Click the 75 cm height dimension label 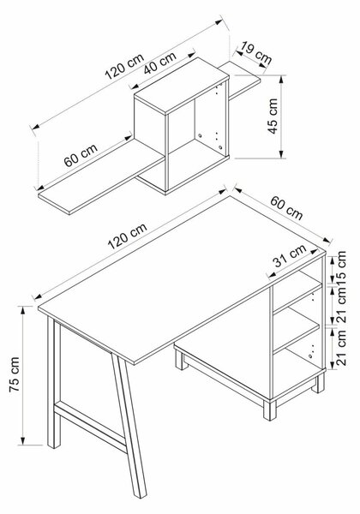(15, 374)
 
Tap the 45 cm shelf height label (273, 116)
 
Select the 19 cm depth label (255, 52)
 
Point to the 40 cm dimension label (160, 63)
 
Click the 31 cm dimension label (290, 255)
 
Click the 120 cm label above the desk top (127, 236)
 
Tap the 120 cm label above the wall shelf (124, 67)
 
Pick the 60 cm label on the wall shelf (81, 155)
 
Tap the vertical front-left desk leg (54, 382)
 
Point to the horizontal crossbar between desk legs (90, 425)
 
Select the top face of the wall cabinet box (182, 86)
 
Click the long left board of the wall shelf (100, 176)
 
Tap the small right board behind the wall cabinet (244, 80)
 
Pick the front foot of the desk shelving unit (270, 409)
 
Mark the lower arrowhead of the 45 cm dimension (281, 154)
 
